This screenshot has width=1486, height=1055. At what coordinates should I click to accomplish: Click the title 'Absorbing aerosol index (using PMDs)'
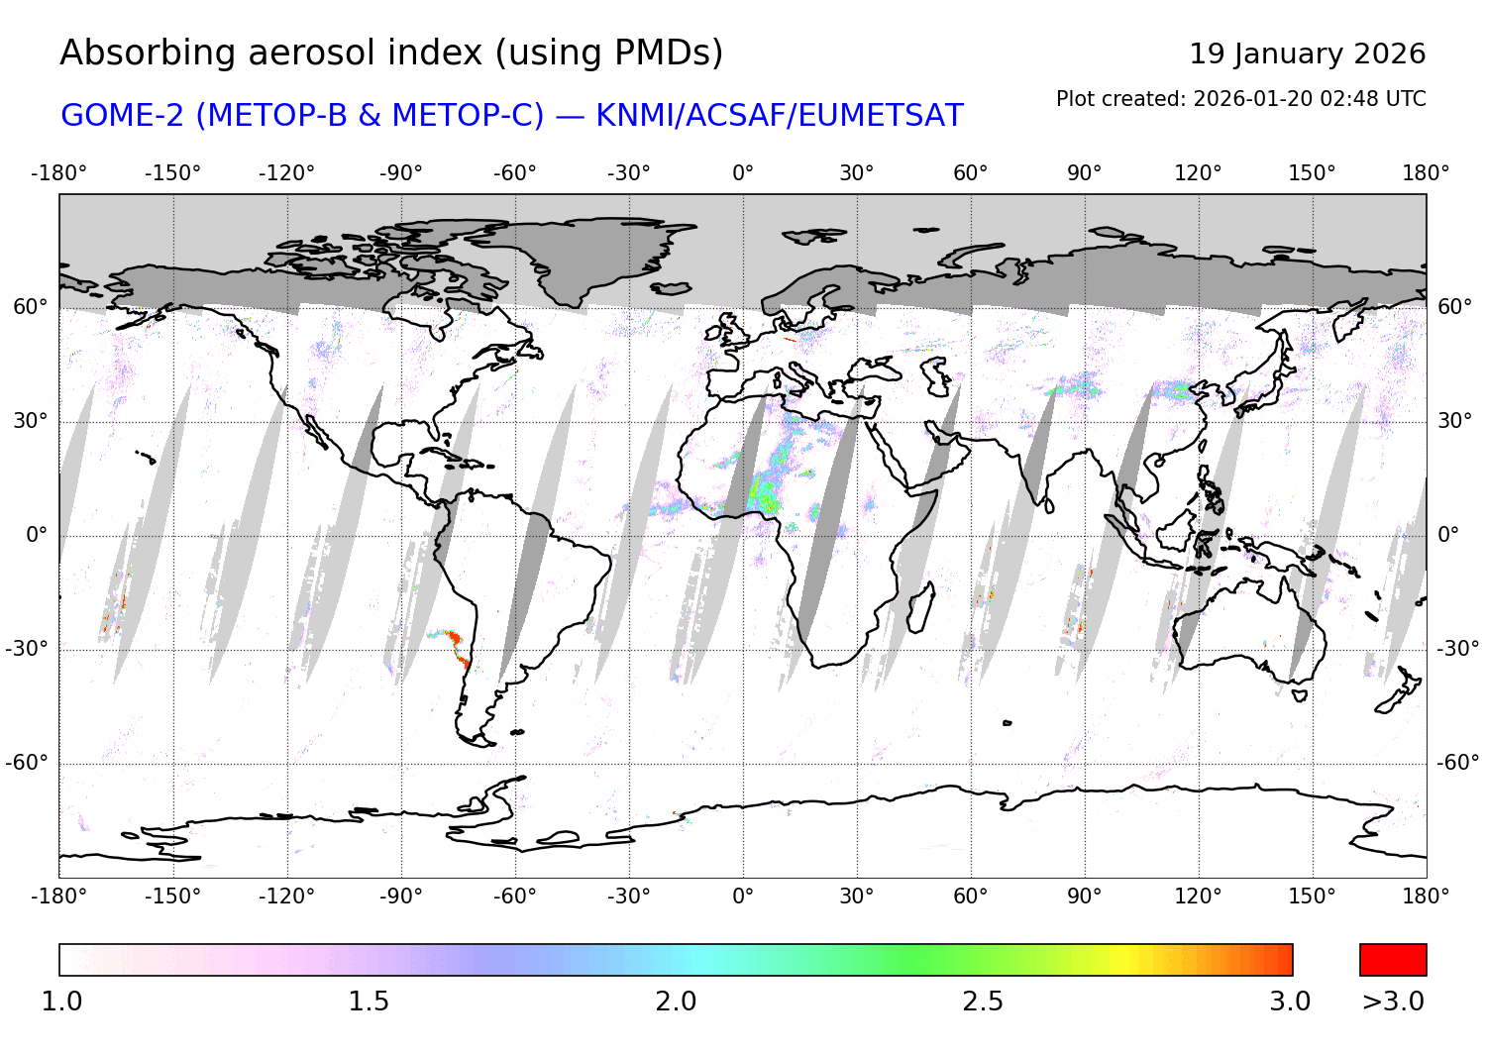coord(391,53)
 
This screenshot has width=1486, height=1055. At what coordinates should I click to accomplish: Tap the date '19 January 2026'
coord(1307,53)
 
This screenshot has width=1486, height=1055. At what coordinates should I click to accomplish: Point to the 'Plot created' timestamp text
coord(1240,99)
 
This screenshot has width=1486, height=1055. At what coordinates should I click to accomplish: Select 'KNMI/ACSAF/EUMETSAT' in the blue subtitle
coord(779,116)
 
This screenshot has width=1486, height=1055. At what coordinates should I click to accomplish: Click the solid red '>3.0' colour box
coord(1393,960)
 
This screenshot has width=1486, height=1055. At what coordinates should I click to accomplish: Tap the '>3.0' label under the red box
coord(1393,1002)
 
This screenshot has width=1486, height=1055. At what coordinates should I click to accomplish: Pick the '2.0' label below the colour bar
coord(676,1002)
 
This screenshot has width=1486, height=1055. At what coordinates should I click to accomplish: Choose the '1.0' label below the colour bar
coord(61,1002)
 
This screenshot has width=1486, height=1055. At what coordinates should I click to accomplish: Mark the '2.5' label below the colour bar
coord(983,1002)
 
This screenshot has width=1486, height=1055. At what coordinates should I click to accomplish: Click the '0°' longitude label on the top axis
coord(743,173)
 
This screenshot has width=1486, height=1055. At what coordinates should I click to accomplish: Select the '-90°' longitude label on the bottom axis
coord(400,897)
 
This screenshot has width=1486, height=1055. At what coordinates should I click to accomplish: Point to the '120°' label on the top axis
coord(1198,173)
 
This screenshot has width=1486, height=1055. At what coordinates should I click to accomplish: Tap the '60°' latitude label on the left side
coord(31,307)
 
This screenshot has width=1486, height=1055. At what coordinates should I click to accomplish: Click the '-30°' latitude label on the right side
coord(1457,649)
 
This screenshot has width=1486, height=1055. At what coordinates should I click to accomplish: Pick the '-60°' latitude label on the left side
coord(27,763)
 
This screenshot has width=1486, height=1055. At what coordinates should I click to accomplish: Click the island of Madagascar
coord(920,607)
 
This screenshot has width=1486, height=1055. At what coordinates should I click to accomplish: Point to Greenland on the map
coord(575,253)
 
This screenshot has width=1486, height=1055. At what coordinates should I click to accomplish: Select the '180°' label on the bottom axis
coord(1426,897)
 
